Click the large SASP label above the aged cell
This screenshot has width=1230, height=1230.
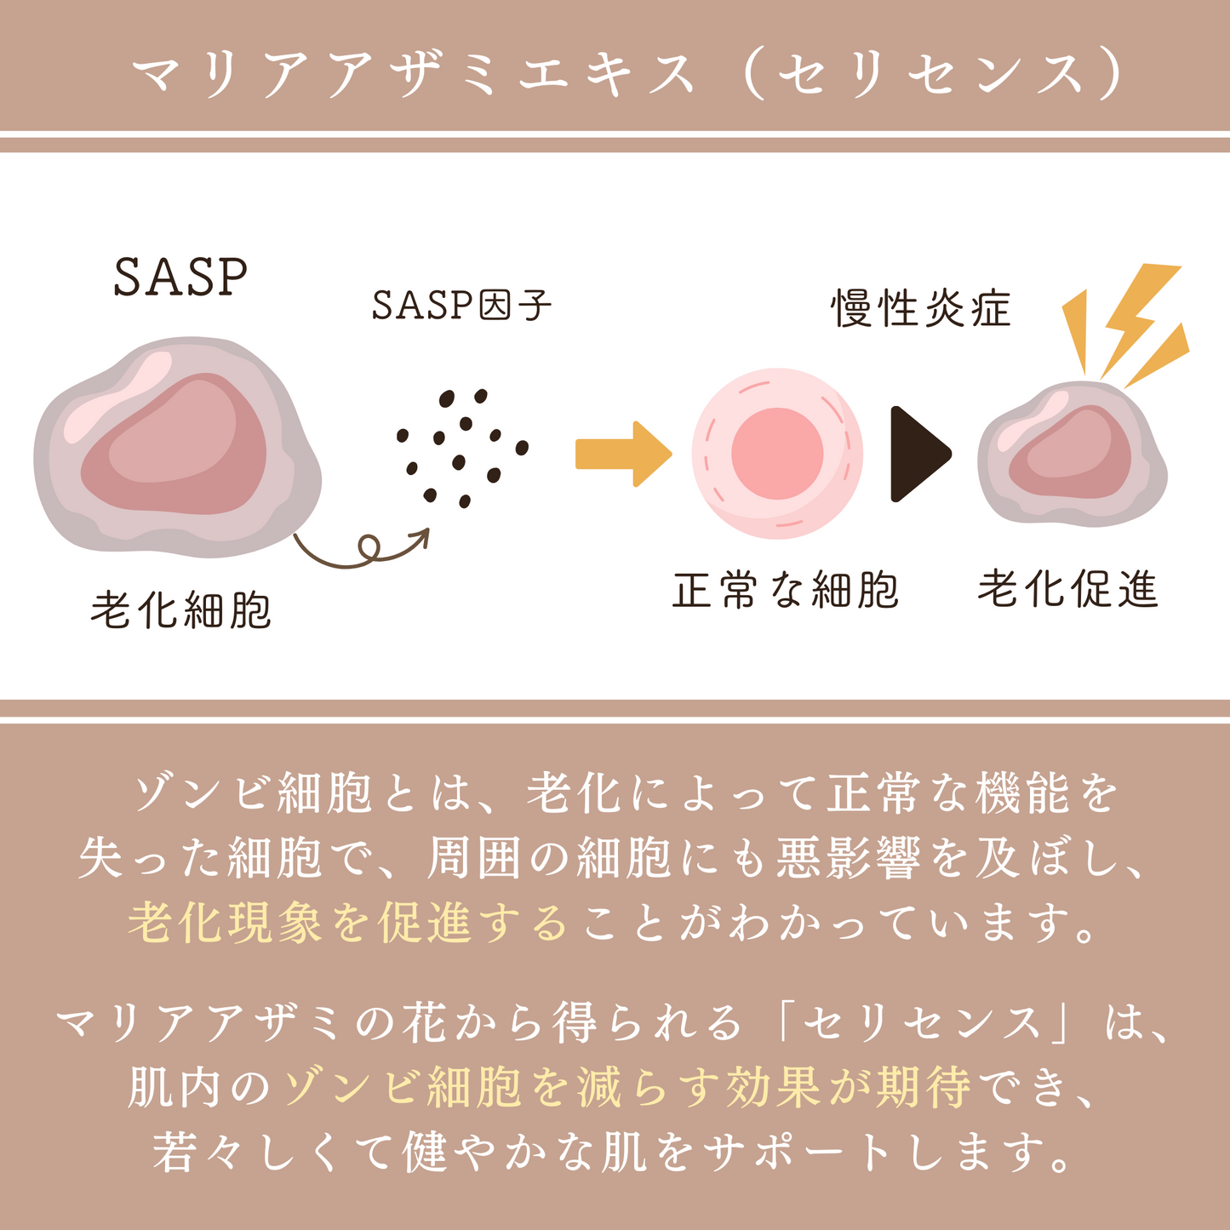180,277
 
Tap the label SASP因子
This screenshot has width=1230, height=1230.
461,306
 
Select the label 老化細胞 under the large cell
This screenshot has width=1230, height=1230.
180,610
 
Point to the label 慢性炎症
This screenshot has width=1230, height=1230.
921,308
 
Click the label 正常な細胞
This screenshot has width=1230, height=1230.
785,590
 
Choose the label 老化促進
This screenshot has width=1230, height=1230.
1067,589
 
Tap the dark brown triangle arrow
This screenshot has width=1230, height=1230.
918,454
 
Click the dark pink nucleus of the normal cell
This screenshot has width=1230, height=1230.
776,453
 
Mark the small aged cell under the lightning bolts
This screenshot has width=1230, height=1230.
1071,455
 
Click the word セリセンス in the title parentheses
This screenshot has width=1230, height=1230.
932,75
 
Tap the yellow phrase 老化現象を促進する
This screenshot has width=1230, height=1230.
347,923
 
